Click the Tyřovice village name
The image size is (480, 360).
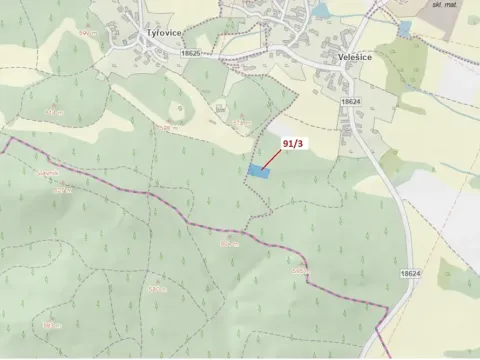[x=163, y=32]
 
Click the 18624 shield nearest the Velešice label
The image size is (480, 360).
[x=350, y=102]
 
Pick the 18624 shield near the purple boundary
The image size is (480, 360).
[x=409, y=274]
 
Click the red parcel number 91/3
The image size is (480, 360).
[x=295, y=142]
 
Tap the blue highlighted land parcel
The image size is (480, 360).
[x=259, y=171]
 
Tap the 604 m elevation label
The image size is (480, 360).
[x=229, y=243]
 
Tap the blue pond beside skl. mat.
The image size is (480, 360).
[x=404, y=28]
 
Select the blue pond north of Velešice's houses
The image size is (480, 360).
[x=319, y=11]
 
